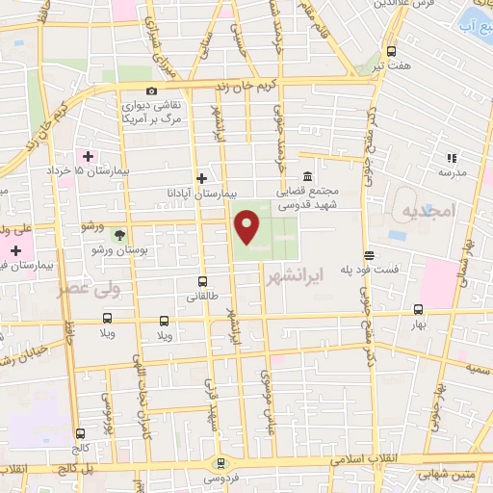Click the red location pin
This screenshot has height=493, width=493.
coord(247,227)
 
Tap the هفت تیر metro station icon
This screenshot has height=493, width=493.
coord(391,51)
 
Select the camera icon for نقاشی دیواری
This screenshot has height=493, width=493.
coord(150,91)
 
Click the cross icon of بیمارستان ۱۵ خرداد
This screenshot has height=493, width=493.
coord(89,156)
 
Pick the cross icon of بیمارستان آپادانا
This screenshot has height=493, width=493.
coord(200,177)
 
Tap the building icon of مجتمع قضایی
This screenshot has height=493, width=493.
coord(306,177)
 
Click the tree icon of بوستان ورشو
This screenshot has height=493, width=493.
coord(119,234)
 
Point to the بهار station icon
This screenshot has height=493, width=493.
coord(418,310)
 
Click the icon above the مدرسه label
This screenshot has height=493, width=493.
coord(450,158)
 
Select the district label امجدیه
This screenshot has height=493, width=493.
coord(425,210)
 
